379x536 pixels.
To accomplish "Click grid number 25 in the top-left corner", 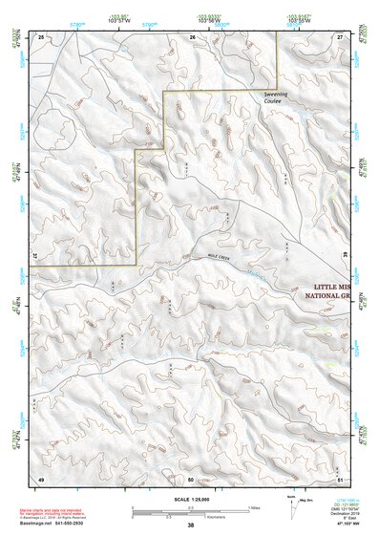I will [40, 36].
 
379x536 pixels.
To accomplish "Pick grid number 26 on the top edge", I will [192, 36].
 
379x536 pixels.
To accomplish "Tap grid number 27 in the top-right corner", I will [340, 36].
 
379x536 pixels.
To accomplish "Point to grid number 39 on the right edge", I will [344, 257].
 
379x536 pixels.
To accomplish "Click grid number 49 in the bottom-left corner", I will [40, 478].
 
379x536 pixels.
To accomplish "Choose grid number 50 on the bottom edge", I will [191, 478].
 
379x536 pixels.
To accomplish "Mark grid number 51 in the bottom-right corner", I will [341, 478].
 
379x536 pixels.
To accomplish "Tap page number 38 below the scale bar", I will [191, 525].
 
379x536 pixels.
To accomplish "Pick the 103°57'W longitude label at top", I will [118, 21].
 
